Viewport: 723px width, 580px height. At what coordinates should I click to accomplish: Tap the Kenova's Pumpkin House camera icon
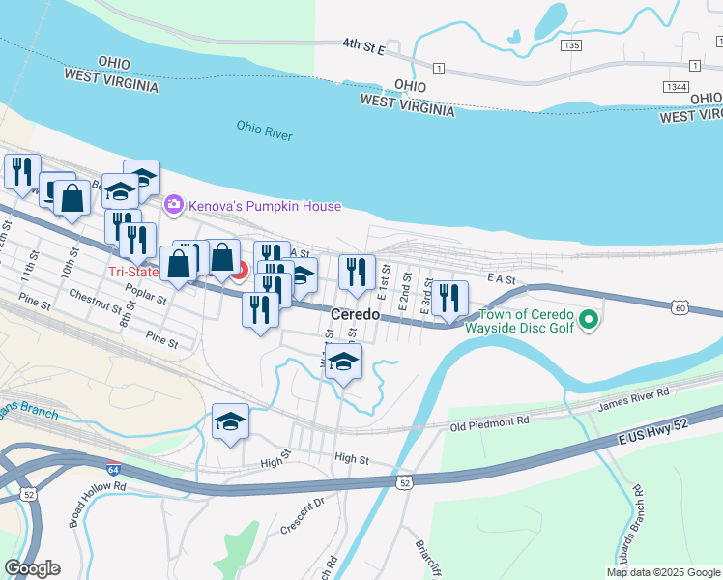[x=174, y=204]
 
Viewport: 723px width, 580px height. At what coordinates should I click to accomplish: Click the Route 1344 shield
[x=676, y=87]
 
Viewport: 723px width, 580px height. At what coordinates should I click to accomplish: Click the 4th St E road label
[x=363, y=45]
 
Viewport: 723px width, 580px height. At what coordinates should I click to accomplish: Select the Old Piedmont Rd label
[x=489, y=422]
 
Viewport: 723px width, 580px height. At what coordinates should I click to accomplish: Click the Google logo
[x=32, y=567]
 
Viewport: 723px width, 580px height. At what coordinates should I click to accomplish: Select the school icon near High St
[x=230, y=421]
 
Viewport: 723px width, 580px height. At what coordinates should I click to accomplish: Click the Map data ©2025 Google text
[x=662, y=572]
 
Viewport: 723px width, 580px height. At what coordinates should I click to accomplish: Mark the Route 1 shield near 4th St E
[x=438, y=68]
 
